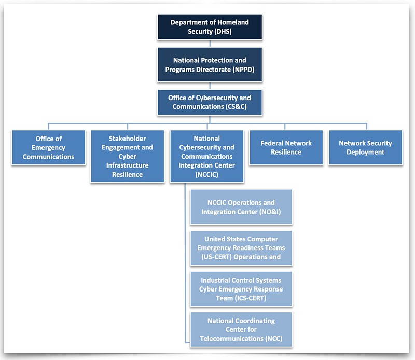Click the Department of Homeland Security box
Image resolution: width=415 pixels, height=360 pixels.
[x=210, y=27]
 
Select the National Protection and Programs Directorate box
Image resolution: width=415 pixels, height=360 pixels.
[x=210, y=65]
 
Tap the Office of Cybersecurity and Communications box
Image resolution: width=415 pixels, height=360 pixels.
[x=210, y=102]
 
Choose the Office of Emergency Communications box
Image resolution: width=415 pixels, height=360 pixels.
[x=48, y=148]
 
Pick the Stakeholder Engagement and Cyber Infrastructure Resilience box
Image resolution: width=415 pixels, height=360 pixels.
[x=127, y=157]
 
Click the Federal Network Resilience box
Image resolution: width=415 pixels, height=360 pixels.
[x=286, y=148]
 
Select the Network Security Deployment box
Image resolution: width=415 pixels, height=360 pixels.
[x=365, y=148]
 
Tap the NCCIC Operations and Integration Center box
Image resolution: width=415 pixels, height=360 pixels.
[x=241, y=207]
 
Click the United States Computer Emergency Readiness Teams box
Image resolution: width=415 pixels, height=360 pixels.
[x=241, y=248]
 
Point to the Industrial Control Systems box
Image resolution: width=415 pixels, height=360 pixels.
[x=241, y=289]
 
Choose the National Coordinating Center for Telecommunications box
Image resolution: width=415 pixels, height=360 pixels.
[x=241, y=329]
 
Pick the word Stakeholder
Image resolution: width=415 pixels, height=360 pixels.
[x=127, y=139]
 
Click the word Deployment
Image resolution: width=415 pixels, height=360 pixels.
[x=365, y=152]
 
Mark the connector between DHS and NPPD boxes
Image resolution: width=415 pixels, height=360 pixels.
[x=210, y=44]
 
